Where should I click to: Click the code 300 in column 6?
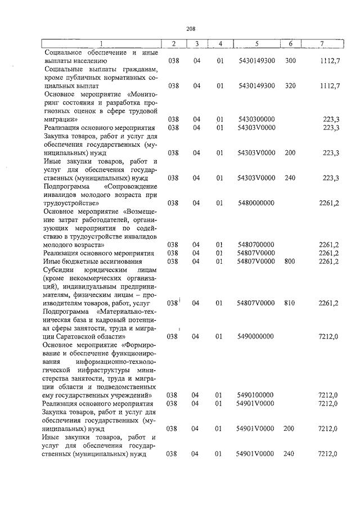290,60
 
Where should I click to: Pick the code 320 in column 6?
290,85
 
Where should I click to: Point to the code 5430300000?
256,119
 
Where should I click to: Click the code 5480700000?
256,245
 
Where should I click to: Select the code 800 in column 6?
290,261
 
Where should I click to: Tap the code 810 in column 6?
290,303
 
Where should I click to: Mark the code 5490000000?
256,336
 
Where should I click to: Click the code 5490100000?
256,395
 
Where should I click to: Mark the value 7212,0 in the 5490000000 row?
329,336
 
